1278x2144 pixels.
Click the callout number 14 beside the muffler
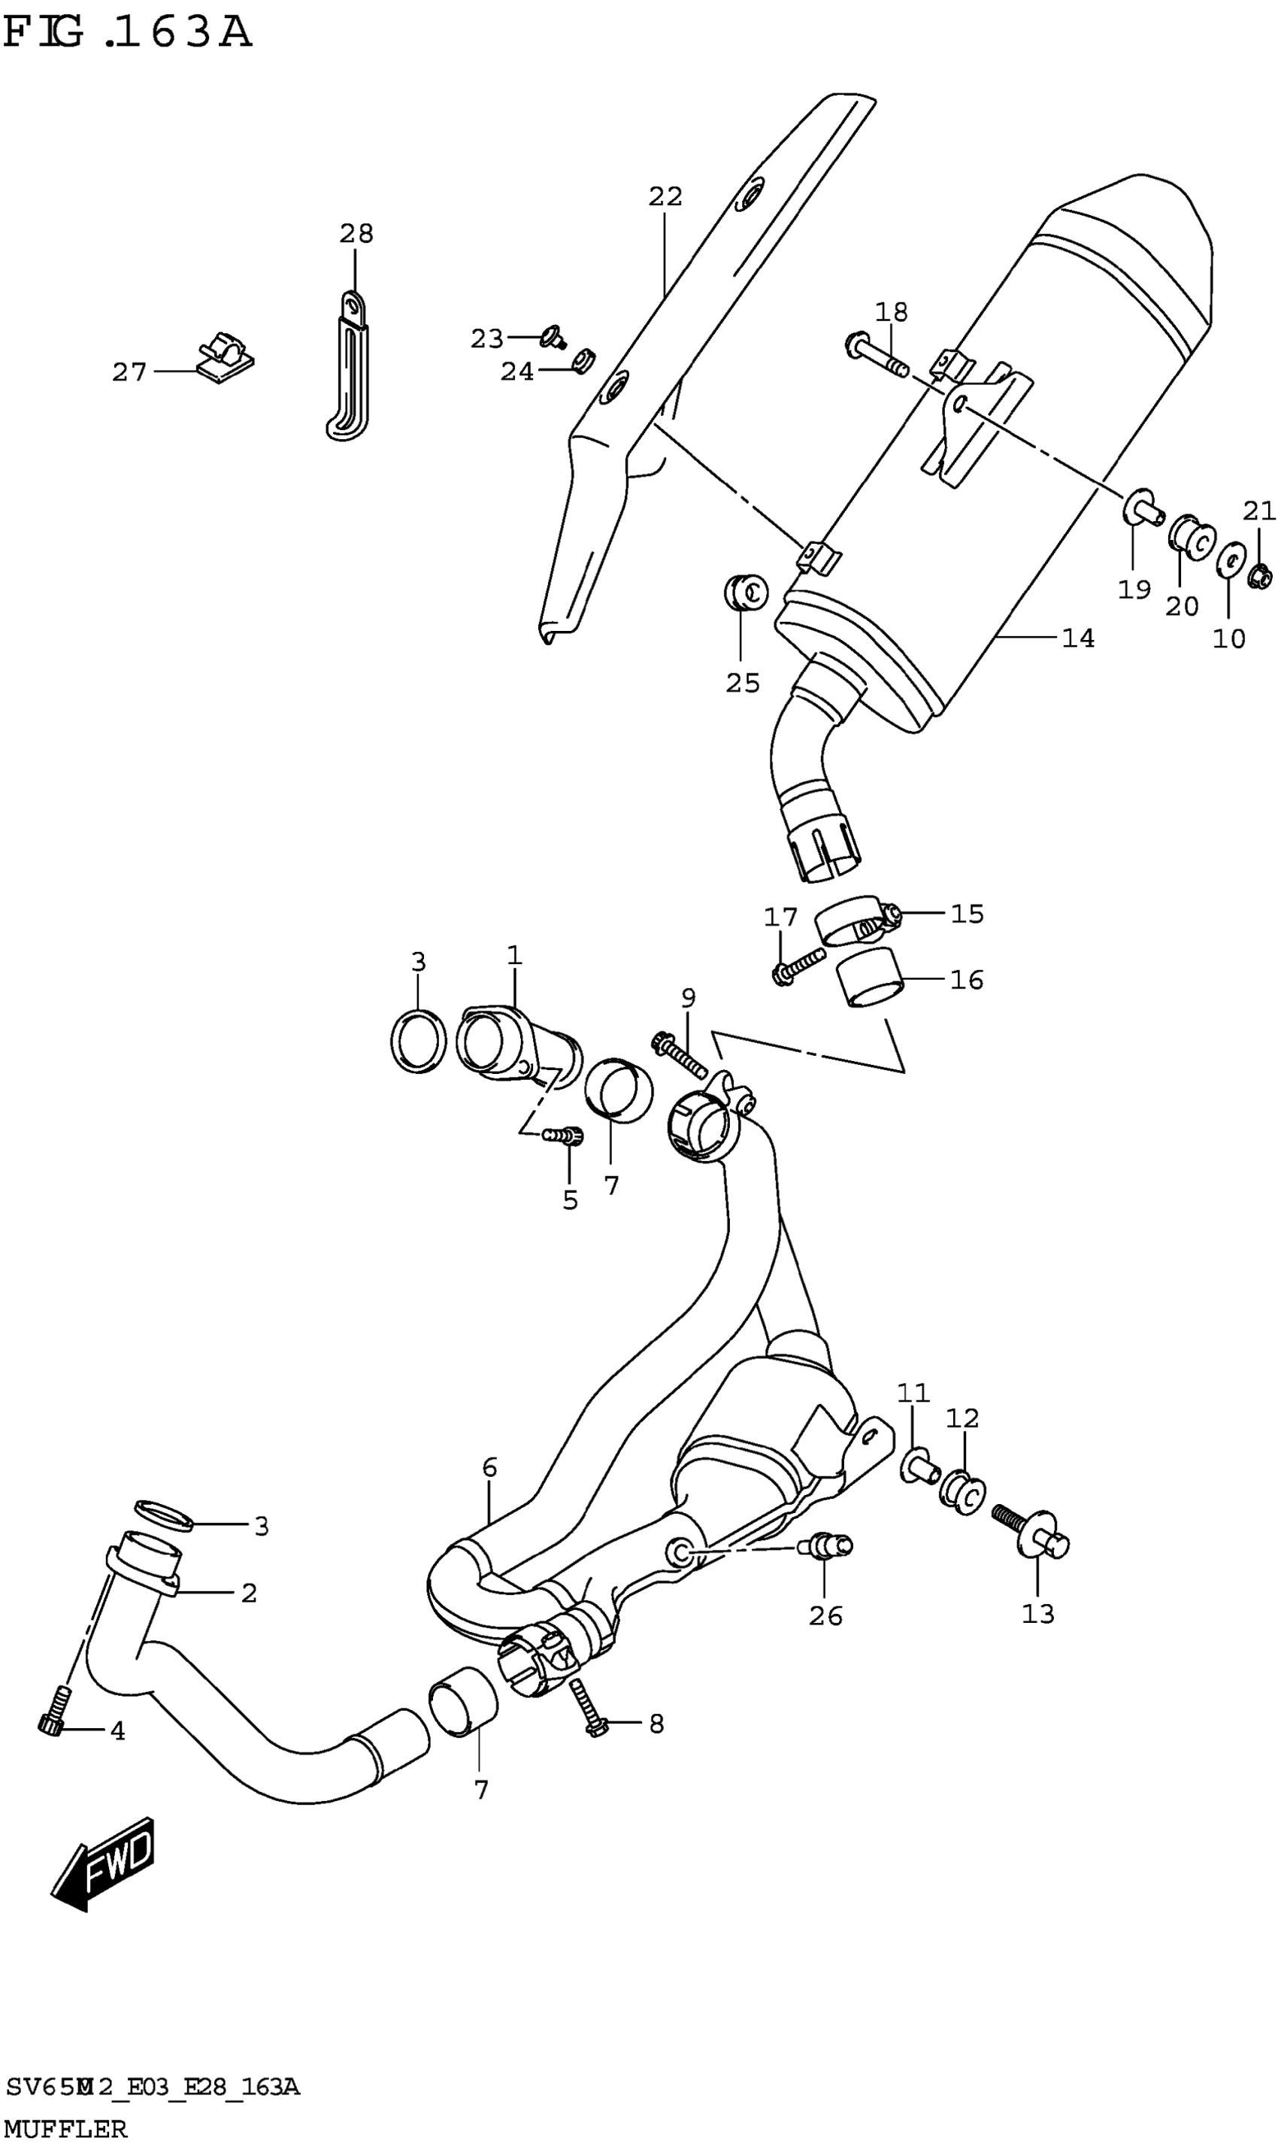(x=1077, y=638)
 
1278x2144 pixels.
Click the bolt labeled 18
(x=876, y=356)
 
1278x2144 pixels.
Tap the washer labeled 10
(x=1231, y=561)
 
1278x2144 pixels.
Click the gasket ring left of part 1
(x=418, y=1042)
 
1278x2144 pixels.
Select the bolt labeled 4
(x=54, y=1711)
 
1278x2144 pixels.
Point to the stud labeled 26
(x=825, y=1547)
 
